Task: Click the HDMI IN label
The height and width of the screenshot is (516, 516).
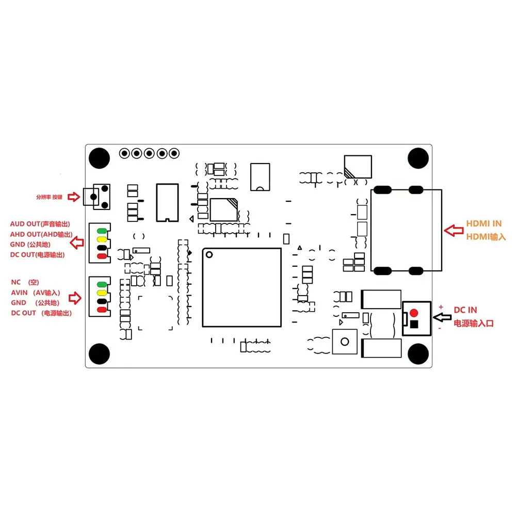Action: point(484,223)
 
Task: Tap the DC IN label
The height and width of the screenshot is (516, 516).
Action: point(465,310)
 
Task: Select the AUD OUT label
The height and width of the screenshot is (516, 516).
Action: point(25,224)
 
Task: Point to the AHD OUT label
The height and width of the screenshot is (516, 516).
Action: point(25,234)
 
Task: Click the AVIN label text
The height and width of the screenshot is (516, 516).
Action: point(19,293)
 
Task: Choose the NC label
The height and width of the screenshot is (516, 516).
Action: point(16,282)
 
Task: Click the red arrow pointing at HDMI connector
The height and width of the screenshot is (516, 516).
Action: point(454,230)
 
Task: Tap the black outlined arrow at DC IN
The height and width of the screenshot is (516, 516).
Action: point(442,317)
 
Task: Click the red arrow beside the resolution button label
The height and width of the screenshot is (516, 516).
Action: point(74,197)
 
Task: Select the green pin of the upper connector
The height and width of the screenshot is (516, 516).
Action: point(102,231)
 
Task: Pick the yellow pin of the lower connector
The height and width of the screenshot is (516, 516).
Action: point(102,293)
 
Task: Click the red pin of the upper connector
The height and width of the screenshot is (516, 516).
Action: point(102,256)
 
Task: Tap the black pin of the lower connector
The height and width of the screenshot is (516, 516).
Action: point(102,301)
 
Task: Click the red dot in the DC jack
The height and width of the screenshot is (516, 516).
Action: point(414,313)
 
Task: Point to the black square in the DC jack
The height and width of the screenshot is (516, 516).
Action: point(414,324)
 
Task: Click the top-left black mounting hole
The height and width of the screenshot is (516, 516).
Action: point(99,158)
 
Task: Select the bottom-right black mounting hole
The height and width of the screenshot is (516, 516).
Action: point(418,354)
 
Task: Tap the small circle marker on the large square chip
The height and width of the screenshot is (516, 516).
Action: point(209,254)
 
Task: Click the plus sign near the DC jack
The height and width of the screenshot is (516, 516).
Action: point(441,307)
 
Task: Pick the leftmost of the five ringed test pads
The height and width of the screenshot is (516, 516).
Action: point(124,153)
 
